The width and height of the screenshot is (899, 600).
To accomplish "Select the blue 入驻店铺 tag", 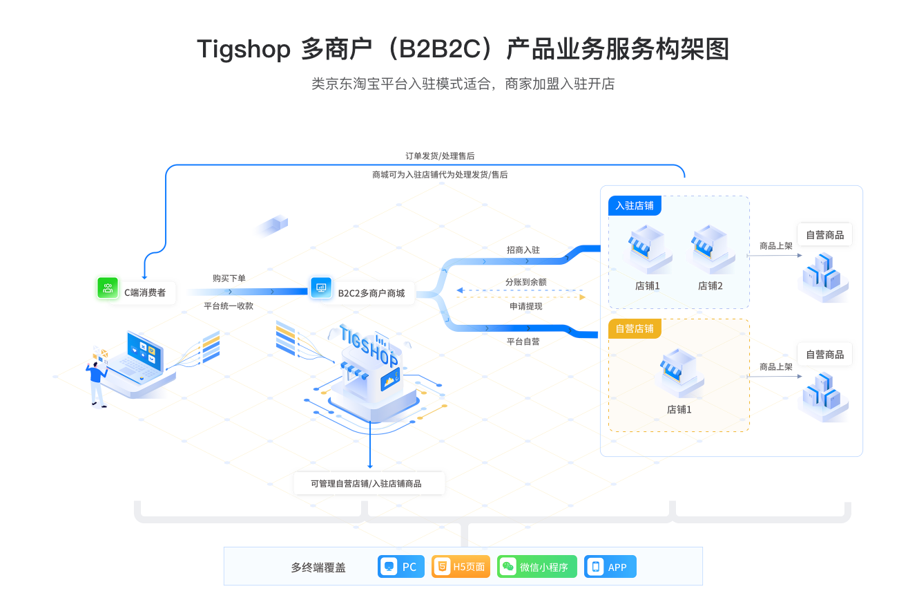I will coord(635,206).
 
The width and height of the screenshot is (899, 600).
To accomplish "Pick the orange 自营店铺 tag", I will coord(635,328).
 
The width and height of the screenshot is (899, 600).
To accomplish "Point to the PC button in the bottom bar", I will coord(401,567).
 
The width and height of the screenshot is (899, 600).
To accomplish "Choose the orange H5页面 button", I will coord(461,567).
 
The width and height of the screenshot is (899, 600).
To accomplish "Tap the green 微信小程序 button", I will coord(536,567).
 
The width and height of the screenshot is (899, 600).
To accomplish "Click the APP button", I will coord(610,567).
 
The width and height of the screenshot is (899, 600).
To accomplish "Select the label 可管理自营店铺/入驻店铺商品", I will coord(366,483).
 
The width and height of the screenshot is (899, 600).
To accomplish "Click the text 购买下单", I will coord(229,278).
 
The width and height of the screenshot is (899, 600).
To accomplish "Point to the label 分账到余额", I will coord(525,282).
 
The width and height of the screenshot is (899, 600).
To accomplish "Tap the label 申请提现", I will coord(525,306).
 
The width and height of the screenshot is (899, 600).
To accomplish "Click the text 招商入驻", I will coord(523,250).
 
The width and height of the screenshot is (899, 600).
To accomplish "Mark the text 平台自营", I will coord(523,341).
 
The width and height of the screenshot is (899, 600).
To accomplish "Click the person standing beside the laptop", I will coord(97,382).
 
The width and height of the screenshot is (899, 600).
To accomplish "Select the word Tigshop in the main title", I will coord(243,50).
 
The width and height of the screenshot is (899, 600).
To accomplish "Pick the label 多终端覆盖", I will coord(318,568).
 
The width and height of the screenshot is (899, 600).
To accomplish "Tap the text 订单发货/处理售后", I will coord(440,156).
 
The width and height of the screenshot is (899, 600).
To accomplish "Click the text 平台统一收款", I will coord(229,306).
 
